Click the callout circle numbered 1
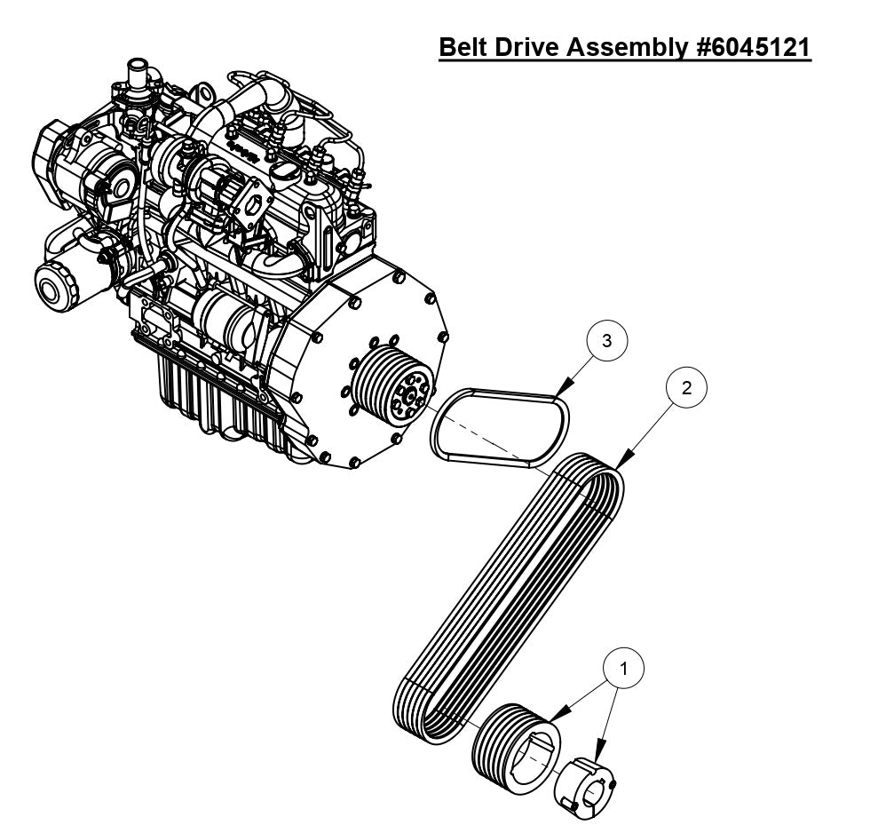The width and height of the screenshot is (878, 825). point(624,670)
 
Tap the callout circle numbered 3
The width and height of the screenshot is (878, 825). point(606,341)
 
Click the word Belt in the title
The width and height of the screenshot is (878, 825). point(470,46)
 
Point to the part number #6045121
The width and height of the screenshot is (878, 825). point(753,46)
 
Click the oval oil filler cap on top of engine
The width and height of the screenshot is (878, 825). point(285,170)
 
